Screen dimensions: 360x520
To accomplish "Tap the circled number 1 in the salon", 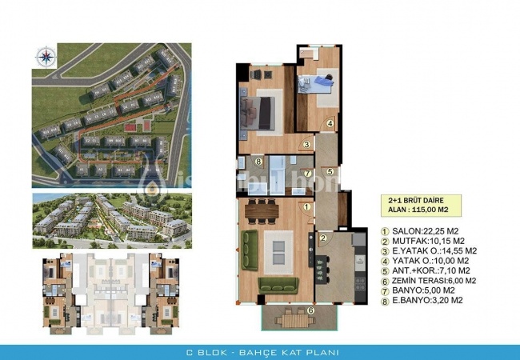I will (x=307, y=206).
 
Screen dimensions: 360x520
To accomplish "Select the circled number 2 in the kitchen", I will (x=323, y=238).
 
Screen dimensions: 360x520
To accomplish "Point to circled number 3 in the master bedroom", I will (x=306, y=145).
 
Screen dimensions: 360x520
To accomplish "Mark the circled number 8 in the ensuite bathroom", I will (x=258, y=162).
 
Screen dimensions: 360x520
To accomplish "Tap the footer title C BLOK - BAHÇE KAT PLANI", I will (x=259, y=352).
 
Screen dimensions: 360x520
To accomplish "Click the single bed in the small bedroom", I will (x=320, y=82).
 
